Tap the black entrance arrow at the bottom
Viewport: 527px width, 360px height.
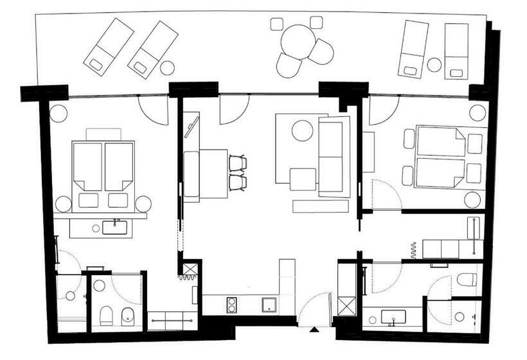[x=313, y=330]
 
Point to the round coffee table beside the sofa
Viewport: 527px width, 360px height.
[x=302, y=130]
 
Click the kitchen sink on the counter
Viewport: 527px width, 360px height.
[x=269, y=304]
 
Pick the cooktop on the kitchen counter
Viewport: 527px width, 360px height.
[x=232, y=304]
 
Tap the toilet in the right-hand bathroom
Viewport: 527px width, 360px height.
[x=467, y=279]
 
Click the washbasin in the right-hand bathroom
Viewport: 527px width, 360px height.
[x=391, y=317]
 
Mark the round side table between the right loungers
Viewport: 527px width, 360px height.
[x=434, y=64]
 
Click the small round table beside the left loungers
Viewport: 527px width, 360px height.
[x=167, y=67]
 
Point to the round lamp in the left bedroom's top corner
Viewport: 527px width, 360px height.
[x=59, y=113]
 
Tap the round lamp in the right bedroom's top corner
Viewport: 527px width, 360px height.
[x=477, y=113]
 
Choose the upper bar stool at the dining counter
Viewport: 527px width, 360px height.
[x=238, y=163]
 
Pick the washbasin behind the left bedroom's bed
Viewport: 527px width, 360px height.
[x=116, y=226]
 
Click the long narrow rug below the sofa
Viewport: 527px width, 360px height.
[x=320, y=206]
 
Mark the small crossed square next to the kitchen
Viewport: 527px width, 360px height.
[x=190, y=269]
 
